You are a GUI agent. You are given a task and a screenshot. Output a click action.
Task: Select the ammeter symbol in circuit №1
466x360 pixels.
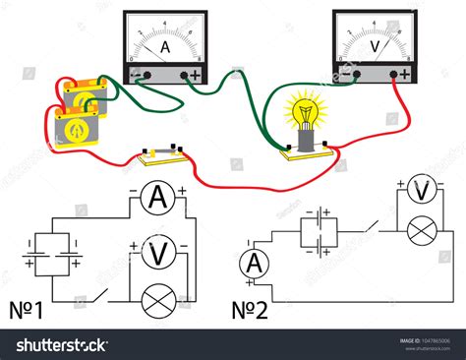pyautogui.click(x=155, y=200)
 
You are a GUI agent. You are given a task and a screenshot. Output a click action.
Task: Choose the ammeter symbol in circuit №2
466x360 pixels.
pyautogui.click(x=255, y=263)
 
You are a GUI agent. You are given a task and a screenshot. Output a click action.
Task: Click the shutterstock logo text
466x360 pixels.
pyautogui.click(x=60, y=345)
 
